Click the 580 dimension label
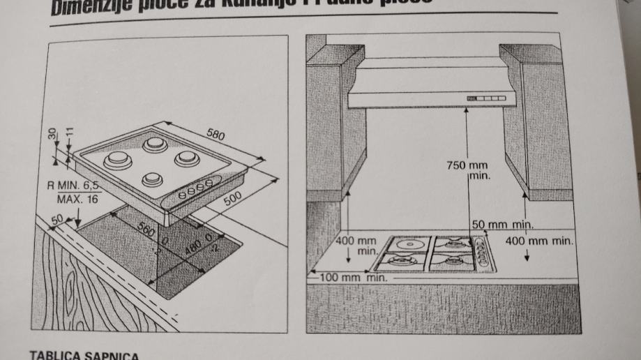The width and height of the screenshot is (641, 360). (x=216, y=135)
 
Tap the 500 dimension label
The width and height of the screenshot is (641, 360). (x=233, y=198)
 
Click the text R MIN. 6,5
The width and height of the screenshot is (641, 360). (x=73, y=186)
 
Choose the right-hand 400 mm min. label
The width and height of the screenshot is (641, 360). (x=539, y=241)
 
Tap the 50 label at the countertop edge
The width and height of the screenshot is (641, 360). (x=56, y=220)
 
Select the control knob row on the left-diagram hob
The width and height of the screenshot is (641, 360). (x=195, y=190)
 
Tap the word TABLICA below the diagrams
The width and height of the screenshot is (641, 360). (x=54, y=354)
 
